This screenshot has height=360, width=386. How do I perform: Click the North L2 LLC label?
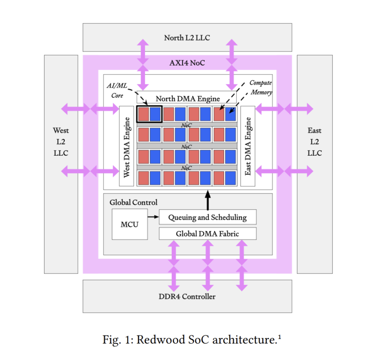pos(187,38)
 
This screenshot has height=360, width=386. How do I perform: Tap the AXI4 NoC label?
pos(187,63)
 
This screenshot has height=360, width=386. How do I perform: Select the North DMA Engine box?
pos(187,97)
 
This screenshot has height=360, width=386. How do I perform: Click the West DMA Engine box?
pos(127,146)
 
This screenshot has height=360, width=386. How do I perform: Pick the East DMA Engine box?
pos(248,146)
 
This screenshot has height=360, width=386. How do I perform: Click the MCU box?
pos(130,224)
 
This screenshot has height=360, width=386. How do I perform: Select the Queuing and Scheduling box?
pos(207,217)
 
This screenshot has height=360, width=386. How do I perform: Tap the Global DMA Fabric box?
pos(207,233)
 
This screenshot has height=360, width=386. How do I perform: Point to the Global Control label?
pos(133,202)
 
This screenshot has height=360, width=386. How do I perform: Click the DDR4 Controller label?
pos(187,296)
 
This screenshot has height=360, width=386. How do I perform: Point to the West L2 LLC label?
pos(61,142)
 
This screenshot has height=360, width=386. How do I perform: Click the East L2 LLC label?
pos(314,142)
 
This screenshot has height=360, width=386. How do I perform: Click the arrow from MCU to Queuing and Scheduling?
pos(153,217)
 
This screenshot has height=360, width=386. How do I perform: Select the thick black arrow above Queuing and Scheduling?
pos(208,200)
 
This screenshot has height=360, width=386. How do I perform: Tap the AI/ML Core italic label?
pos(117,91)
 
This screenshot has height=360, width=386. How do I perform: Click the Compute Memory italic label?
pos(261,87)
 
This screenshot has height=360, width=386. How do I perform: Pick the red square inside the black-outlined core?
pos(144,114)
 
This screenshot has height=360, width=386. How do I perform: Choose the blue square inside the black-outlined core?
pos(155,114)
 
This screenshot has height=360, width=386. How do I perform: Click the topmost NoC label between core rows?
pos(186,125)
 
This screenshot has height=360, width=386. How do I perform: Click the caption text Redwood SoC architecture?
pos(207,340)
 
